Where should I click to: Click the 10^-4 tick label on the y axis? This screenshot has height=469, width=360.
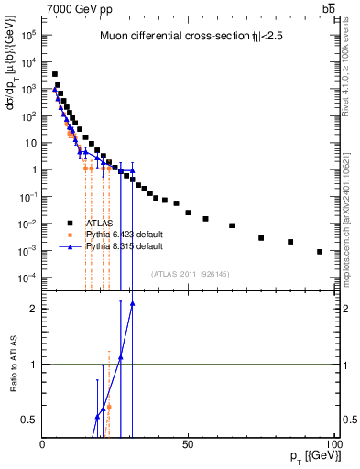pos(28,278)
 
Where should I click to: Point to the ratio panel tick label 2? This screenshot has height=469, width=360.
pos(33,309)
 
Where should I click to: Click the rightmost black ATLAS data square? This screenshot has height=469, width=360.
pos(320,252)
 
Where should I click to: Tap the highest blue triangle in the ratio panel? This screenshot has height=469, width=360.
pos(132,303)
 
